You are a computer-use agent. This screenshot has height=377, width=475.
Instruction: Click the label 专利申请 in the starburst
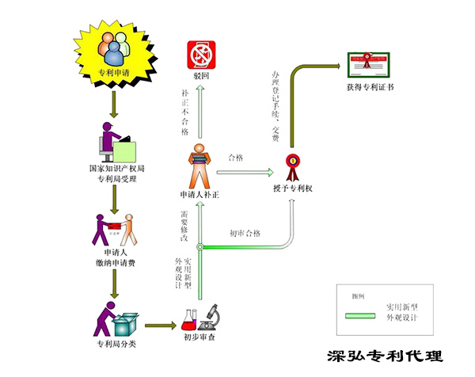point(115,73)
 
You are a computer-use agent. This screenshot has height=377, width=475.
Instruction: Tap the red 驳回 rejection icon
point(200,55)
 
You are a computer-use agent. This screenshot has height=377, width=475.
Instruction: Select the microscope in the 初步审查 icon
point(210,316)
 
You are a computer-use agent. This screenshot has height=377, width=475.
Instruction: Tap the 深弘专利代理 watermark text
point(386,357)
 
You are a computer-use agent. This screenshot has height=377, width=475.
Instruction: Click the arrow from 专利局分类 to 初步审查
point(160,325)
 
